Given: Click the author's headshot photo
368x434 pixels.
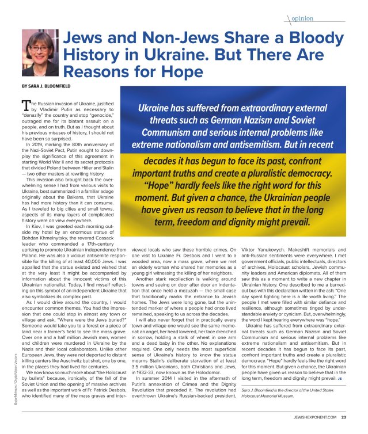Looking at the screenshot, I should [40, 53].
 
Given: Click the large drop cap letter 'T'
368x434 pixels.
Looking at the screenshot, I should [26, 104].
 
